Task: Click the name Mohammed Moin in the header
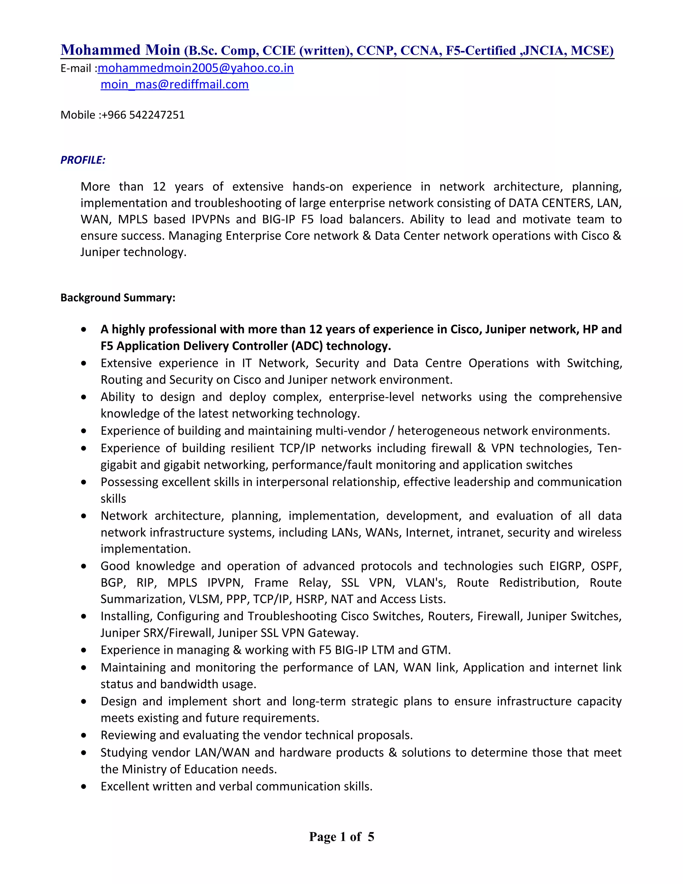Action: [x=120, y=50]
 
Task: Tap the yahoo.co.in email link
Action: [x=195, y=68]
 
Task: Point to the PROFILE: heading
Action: [x=83, y=160]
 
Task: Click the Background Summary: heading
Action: [x=118, y=298]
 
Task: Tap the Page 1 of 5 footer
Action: [x=341, y=837]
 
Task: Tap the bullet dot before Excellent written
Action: [x=84, y=787]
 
